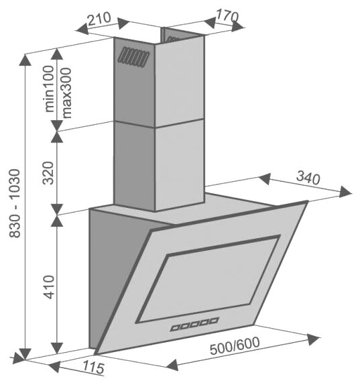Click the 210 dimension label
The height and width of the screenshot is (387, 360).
pos(99,19)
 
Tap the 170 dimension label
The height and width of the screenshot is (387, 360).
pos(227,16)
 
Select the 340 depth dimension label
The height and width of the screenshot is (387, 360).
pos(308,178)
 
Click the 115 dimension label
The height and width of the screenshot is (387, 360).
pos(93,367)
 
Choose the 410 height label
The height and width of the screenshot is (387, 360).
pos(48,287)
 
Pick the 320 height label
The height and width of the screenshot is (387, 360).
pos(48,173)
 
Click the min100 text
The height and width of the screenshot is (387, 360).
pos(49,89)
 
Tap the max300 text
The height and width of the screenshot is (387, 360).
pos(66,93)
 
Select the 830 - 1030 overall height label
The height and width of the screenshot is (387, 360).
pos(15,203)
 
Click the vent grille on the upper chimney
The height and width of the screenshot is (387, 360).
pos(133,58)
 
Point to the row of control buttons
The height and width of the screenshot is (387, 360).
pos(194,325)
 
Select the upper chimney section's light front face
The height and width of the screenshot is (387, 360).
pos(180,81)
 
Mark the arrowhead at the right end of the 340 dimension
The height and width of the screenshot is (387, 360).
pos(345,192)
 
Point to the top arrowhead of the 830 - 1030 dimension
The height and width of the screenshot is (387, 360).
pos(25,60)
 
